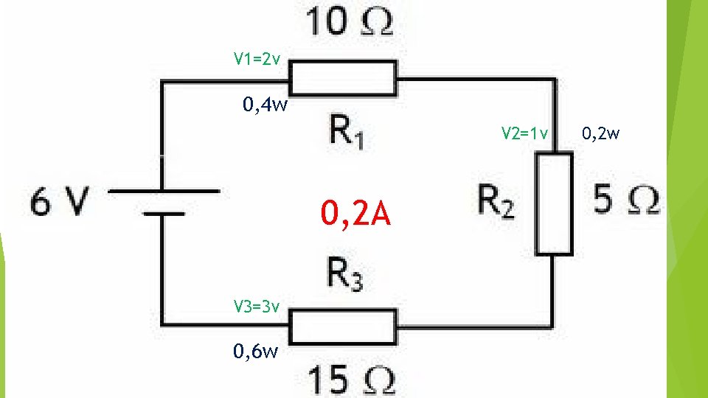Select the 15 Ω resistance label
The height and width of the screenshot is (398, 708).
[x=351, y=380]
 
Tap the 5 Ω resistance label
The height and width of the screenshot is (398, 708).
[x=625, y=200]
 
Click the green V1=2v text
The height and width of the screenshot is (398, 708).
[x=257, y=58]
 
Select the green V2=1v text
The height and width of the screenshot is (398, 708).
[x=524, y=133]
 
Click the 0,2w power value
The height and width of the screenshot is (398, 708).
[x=600, y=133]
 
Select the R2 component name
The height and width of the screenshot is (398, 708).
[x=496, y=201]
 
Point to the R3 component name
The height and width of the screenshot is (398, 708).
[x=345, y=276]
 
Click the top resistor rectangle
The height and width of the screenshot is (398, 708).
[x=343, y=77]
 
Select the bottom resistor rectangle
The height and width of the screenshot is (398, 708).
[x=343, y=326]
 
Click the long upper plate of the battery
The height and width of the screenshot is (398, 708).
[x=164, y=190]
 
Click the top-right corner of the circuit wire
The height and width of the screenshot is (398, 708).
[x=555, y=77]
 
